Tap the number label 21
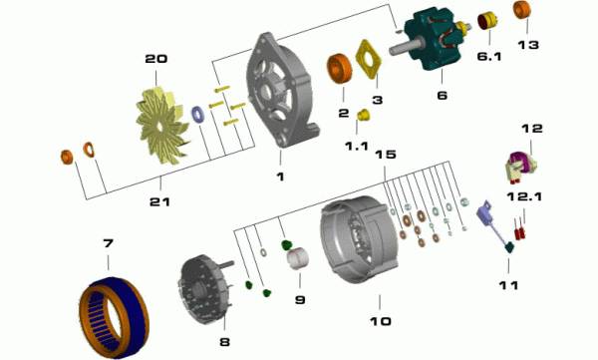(159, 201)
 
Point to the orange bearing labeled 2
(339, 69)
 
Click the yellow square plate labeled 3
(369, 59)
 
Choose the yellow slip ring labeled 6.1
(487, 21)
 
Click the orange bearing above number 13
(521, 10)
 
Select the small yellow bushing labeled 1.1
(364, 115)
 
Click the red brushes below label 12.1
(519, 230)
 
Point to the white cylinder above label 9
(297, 258)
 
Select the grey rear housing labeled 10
(359, 239)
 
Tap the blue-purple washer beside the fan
(197, 115)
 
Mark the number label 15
(385, 155)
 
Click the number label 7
(109, 242)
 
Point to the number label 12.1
(524, 196)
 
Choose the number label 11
(508, 285)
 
